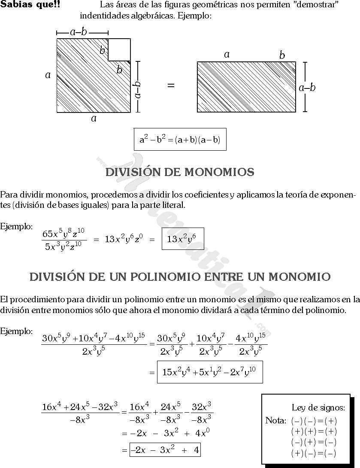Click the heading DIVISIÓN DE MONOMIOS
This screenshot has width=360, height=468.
(179, 173)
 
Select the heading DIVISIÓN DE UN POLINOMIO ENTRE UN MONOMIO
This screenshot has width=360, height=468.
(180, 277)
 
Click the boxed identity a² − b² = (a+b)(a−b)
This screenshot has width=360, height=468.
(180, 140)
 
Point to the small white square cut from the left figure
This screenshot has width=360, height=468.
(119, 50)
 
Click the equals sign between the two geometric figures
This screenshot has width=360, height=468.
(171, 85)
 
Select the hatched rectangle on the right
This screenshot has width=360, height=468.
(246, 87)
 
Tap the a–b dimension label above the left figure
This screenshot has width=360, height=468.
(79, 32)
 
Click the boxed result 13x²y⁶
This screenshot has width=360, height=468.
(182, 239)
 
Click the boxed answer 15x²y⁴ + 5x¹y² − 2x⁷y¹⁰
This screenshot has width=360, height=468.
(210, 372)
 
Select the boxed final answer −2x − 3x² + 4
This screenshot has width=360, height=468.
(165, 450)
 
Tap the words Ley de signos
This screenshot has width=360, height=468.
(318, 408)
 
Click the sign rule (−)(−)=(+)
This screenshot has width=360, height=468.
(314, 421)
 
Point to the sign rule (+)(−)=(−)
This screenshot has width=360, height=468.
(314, 453)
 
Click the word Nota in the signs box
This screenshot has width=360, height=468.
(275, 421)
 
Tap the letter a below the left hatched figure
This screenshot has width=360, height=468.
(94, 119)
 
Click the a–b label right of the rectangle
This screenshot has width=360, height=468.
(307, 88)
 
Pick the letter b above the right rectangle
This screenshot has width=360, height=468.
(282, 55)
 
